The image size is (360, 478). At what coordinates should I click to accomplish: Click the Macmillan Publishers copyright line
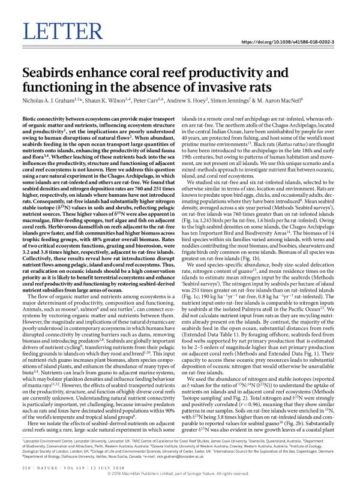click(179, 474)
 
